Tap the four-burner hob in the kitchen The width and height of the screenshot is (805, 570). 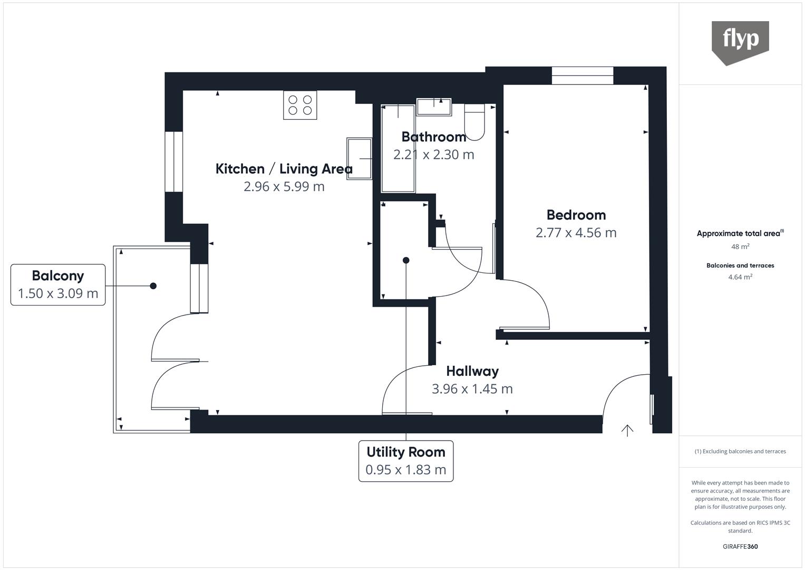pyautogui.click(x=300, y=105)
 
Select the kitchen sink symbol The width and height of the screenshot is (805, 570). pyautogui.click(x=360, y=158)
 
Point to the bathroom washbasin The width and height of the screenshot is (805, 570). pyautogui.click(x=434, y=107)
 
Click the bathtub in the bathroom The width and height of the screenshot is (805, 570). pyautogui.click(x=399, y=148)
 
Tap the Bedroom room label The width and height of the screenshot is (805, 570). pyautogui.click(x=576, y=215)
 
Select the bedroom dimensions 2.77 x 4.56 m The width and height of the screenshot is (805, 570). pyautogui.click(x=576, y=233)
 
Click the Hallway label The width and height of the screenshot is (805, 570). pyautogui.click(x=472, y=371)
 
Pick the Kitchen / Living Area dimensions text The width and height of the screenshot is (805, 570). pyautogui.click(x=284, y=186)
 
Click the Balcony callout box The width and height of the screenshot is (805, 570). pyautogui.click(x=58, y=284)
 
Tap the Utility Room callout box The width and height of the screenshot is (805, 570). pyautogui.click(x=405, y=461)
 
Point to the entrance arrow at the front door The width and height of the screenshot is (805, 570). pyautogui.click(x=627, y=431)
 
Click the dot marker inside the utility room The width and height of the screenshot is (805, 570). pyautogui.click(x=406, y=260)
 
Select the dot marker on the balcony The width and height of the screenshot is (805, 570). pyautogui.click(x=153, y=286)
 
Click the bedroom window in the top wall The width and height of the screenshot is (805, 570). pyautogui.click(x=583, y=76)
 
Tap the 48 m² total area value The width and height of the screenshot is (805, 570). pyautogui.click(x=740, y=246)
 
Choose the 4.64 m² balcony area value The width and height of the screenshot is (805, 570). pyautogui.click(x=740, y=277)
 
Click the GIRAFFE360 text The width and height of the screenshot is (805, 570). pyautogui.click(x=740, y=547)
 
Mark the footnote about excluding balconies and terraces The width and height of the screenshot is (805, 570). pyautogui.click(x=740, y=451)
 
